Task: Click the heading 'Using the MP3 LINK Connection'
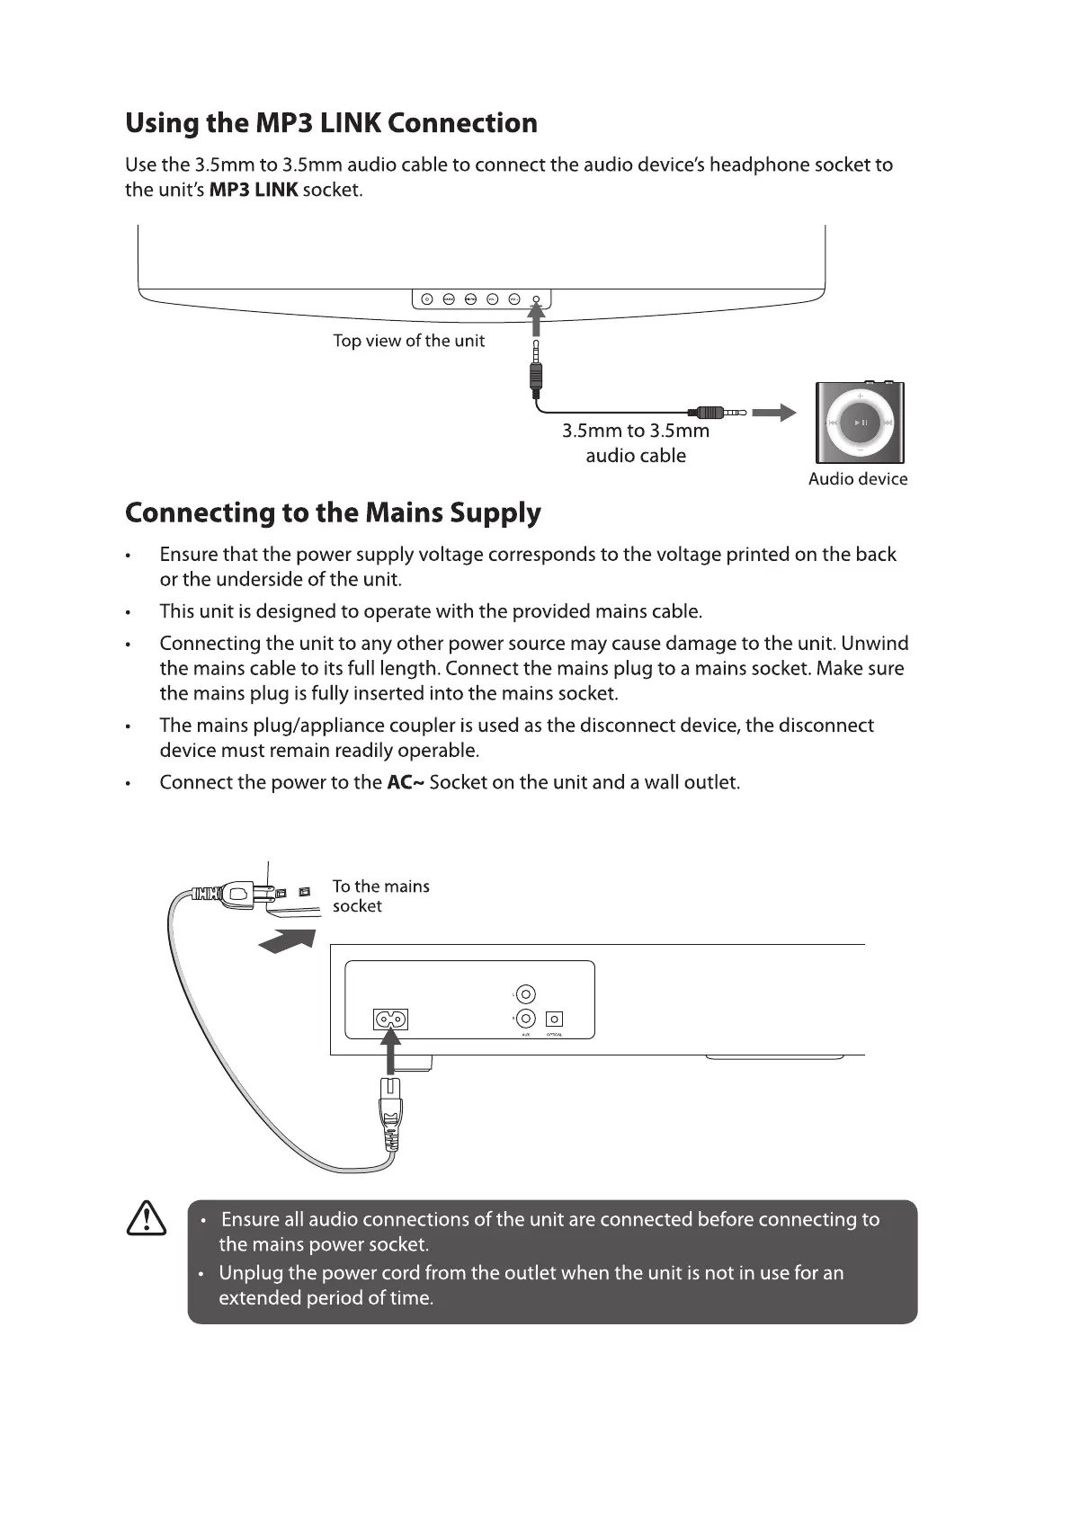point(331,123)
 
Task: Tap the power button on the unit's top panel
point(427,299)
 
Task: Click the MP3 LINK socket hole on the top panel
point(537,299)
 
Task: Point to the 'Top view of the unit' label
point(408,341)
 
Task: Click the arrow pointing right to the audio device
point(773,413)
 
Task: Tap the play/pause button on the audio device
point(861,423)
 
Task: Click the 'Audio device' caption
point(857,479)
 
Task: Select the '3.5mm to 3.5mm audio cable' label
point(636,443)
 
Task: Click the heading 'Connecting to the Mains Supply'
point(333,513)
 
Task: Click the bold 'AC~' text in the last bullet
point(405,783)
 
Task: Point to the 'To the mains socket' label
point(380,896)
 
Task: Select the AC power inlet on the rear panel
point(390,1020)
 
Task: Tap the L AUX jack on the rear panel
point(526,994)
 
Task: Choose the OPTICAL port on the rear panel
point(555,1020)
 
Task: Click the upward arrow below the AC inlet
point(390,1052)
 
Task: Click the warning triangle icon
point(147,1219)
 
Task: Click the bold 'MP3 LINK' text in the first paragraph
point(253,191)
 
